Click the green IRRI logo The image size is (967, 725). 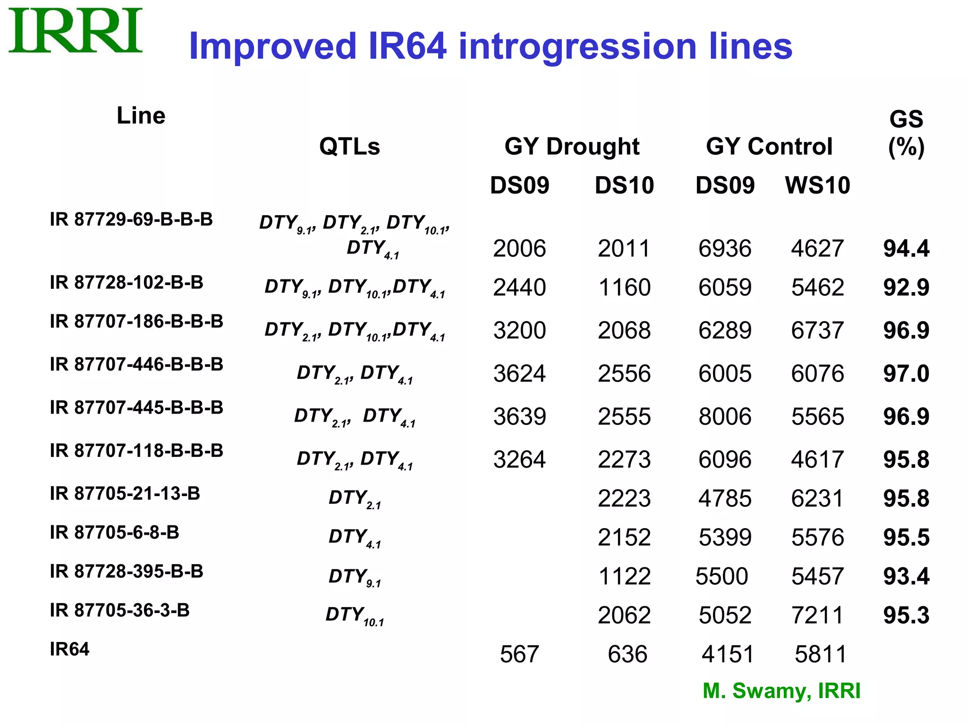[76, 31]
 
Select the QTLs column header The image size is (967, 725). [349, 146]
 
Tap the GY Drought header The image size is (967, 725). [572, 146]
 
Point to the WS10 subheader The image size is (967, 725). [817, 185]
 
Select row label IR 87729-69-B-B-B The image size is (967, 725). [131, 219]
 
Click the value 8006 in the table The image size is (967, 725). [725, 416]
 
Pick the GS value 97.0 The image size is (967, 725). [906, 373]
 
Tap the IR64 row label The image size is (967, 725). [69, 649]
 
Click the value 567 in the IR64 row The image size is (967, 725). [519, 654]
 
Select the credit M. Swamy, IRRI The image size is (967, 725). [781, 691]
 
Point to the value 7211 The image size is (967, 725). [817, 615]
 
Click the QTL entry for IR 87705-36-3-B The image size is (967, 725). [355, 615]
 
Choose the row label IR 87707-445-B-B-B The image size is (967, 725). [136, 407]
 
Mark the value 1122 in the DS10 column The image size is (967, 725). [624, 576]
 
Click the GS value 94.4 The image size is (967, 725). [906, 248]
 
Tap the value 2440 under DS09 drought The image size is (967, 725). [519, 287]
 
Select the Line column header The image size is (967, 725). [141, 116]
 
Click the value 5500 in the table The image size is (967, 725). [721, 576]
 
